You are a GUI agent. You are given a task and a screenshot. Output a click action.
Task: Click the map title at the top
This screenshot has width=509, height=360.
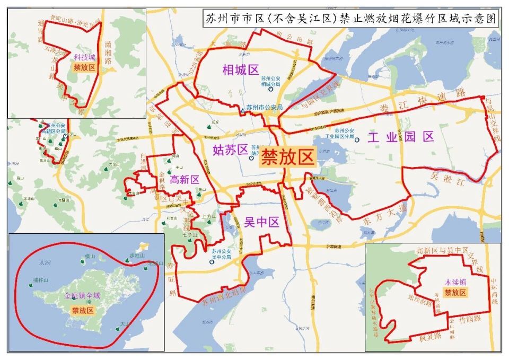[x=350, y=19]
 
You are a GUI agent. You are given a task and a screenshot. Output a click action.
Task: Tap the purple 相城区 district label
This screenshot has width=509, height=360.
[x=240, y=69]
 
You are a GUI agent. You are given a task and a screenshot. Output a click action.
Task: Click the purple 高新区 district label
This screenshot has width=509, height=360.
[x=184, y=180]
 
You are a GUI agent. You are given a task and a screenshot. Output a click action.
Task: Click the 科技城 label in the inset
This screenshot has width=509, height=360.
[x=84, y=57]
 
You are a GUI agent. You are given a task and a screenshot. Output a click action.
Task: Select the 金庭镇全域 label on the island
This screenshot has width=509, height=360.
[x=82, y=295]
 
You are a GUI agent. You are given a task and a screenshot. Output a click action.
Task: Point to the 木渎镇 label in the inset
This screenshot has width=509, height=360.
[x=455, y=281]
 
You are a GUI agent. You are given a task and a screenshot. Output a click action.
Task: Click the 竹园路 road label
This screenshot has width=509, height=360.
[x=469, y=320]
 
